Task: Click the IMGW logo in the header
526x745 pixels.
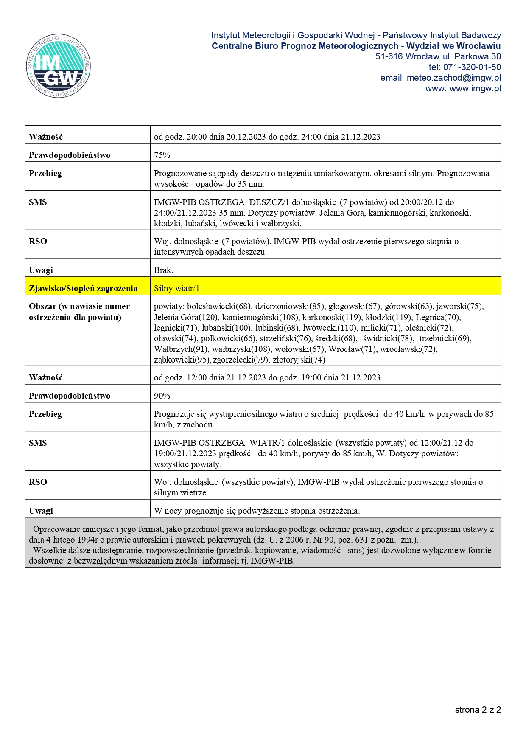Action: [59, 66]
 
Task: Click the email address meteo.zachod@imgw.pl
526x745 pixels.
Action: [453, 78]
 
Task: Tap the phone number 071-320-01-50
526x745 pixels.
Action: [472, 67]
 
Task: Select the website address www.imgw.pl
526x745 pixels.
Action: [475, 88]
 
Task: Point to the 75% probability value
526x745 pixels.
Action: [162, 155]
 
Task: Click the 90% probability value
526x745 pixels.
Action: [162, 396]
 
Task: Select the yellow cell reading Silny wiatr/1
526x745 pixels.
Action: [177, 288]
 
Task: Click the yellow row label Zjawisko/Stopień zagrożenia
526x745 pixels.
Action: [83, 288]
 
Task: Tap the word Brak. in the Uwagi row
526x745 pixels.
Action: [163, 270]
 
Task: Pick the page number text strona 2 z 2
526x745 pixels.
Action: [478, 710]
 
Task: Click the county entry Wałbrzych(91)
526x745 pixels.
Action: [180, 349]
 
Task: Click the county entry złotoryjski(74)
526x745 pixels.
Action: [299, 360]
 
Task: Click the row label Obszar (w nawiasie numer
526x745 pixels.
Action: [79, 306]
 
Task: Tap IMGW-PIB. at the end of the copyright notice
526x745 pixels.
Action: [273, 561]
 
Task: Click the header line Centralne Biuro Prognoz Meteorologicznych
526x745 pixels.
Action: [305, 46]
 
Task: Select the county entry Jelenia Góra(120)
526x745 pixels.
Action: [186, 317]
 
